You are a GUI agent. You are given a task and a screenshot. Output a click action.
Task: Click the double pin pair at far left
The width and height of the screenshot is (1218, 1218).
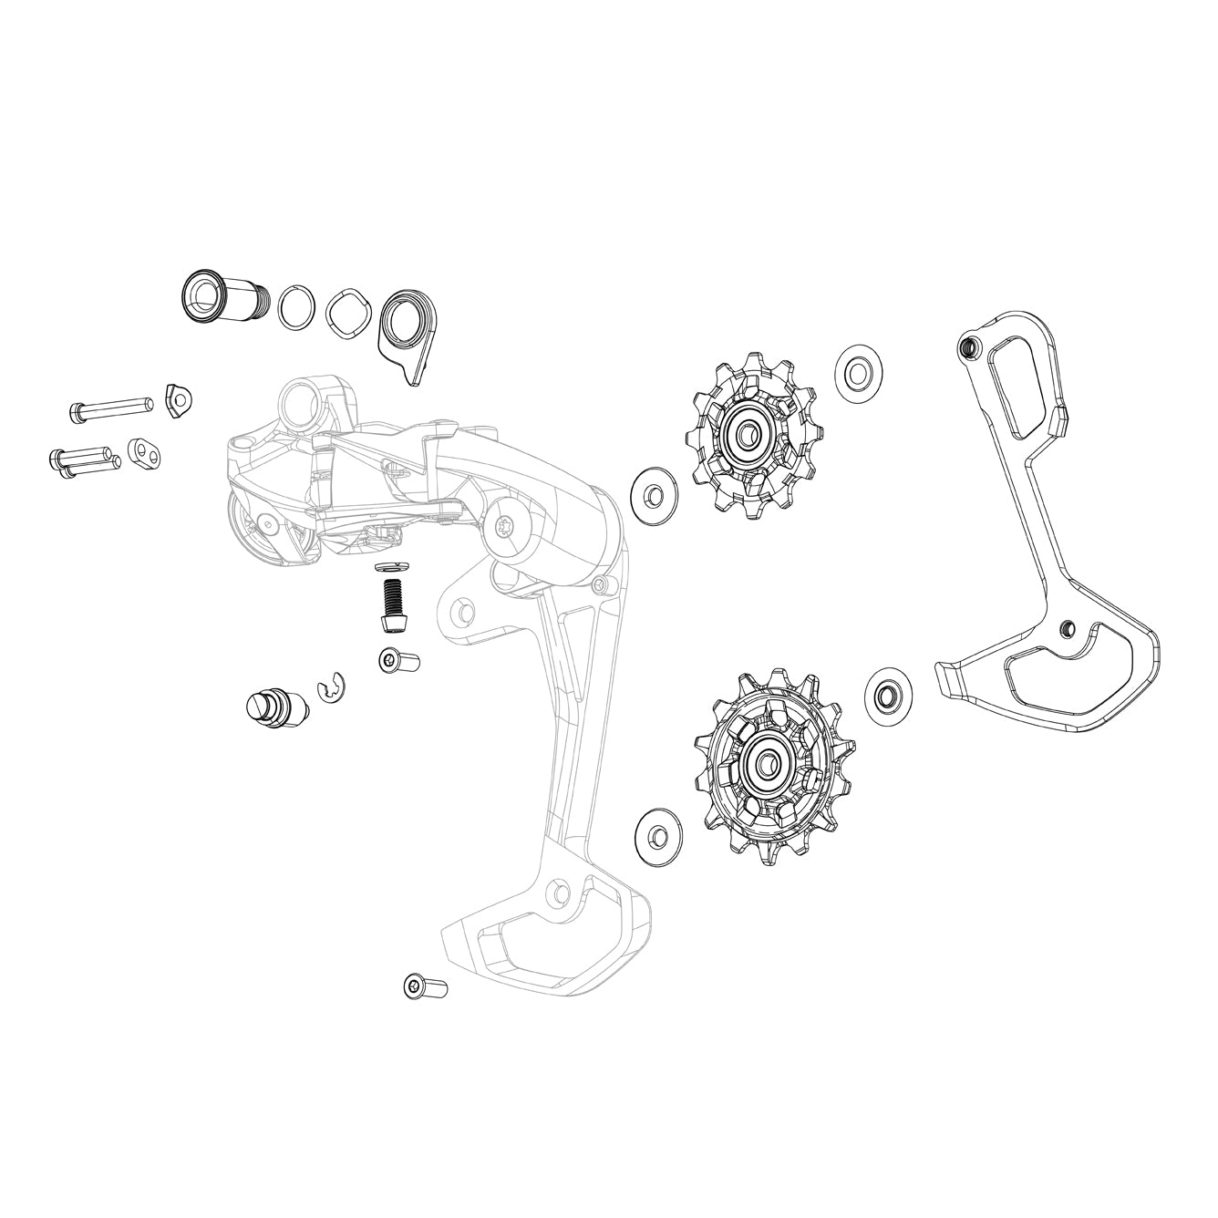coord(82,458)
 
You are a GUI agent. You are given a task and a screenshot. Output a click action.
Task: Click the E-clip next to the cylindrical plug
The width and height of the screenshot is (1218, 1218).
coord(328,693)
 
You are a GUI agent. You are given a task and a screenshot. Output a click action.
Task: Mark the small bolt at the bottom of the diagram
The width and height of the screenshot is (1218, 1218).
coord(425,986)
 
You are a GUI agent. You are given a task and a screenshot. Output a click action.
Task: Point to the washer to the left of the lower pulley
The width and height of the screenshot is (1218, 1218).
coord(655,832)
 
